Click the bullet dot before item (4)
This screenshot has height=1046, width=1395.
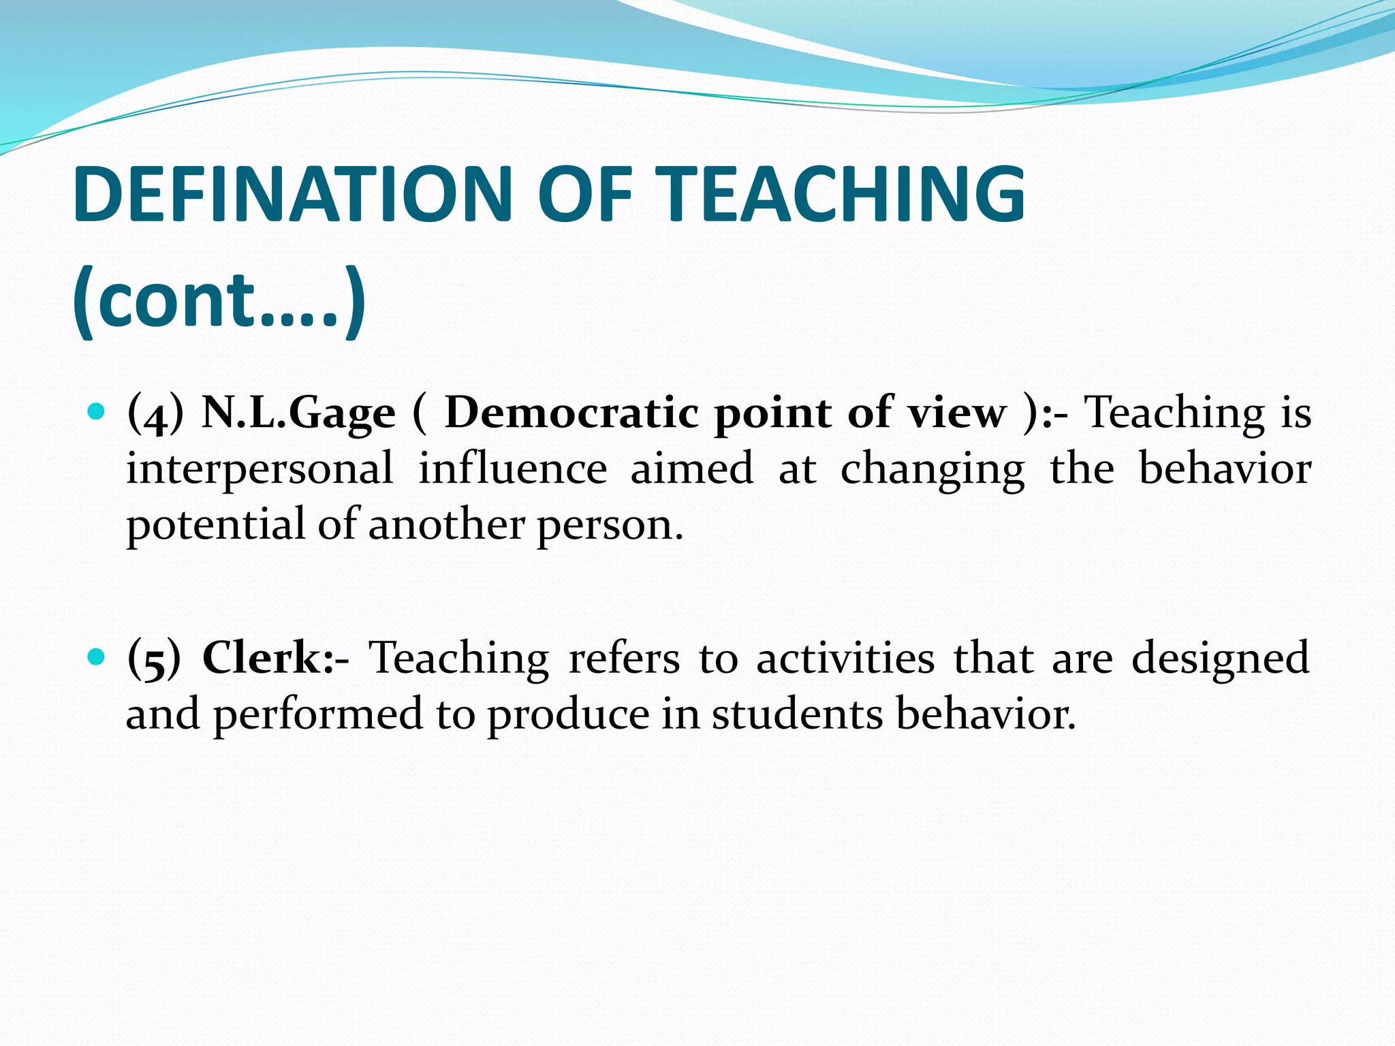(x=97, y=411)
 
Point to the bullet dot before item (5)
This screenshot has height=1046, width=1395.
(x=97, y=656)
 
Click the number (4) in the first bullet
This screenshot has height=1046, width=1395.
(x=155, y=415)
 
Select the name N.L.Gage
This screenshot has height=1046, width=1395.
(x=298, y=413)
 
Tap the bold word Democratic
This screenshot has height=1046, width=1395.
(x=571, y=412)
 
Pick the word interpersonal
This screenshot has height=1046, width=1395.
(x=260, y=470)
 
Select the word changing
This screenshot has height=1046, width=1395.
(x=932, y=470)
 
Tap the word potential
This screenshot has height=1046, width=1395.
(x=216, y=526)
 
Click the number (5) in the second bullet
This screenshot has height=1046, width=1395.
(x=154, y=659)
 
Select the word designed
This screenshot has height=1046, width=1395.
(x=1220, y=659)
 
